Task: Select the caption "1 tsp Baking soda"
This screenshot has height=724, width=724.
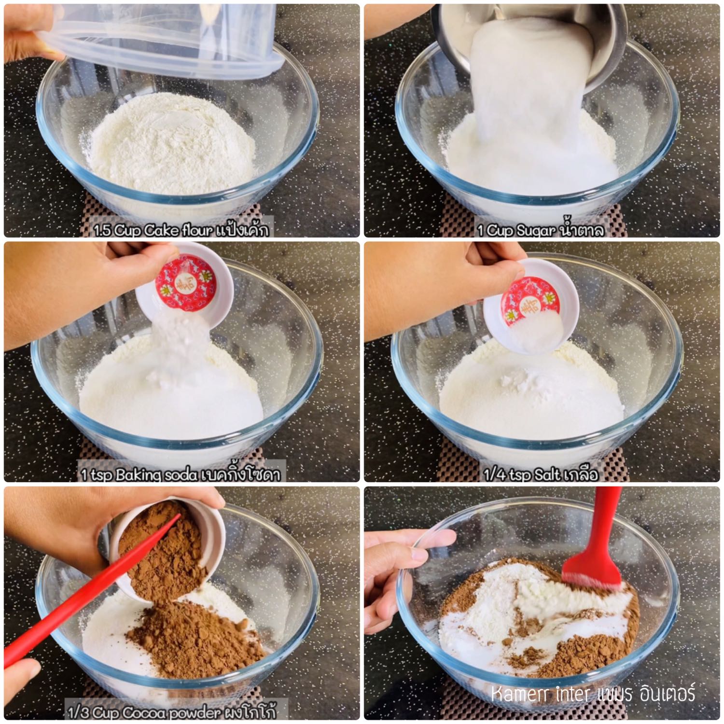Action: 139,475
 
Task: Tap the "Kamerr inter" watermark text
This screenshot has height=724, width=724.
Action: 540,695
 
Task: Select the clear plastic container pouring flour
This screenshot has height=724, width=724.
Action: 159,39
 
